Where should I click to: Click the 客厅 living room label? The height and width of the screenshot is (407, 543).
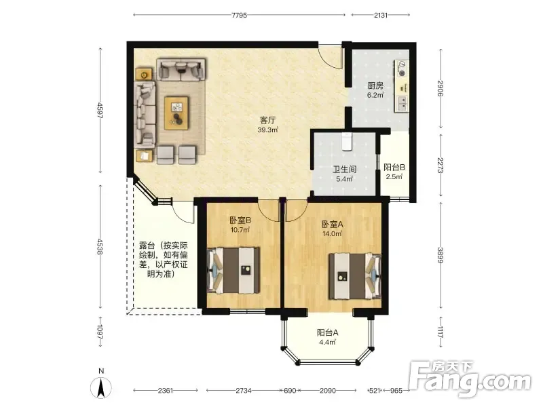pyautogui.click(x=267, y=120)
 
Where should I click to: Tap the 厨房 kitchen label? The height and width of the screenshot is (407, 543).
pyautogui.click(x=375, y=85)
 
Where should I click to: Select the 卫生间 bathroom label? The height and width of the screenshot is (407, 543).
pyautogui.click(x=345, y=169)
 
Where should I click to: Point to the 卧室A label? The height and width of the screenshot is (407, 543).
pyautogui.click(x=332, y=225)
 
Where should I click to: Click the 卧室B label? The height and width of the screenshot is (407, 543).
pyautogui.click(x=240, y=220)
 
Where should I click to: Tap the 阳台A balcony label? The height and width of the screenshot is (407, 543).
pyautogui.click(x=327, y=332)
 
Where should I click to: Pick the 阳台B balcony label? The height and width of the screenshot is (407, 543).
pyautogui.click(x=394, y=167)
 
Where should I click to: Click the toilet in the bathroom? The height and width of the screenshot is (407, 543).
pyautogui.click(x=347, y=142)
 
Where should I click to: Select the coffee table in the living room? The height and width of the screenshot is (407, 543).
pyautogui.click(x=176, y=113)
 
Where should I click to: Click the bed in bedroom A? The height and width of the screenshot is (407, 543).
pyautogui.click(x=355, y=276)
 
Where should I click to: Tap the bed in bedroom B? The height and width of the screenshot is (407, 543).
pyautogui.click(x=233, y=270)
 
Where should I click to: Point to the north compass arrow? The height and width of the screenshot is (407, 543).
pyautogui.click(x=101, y=387)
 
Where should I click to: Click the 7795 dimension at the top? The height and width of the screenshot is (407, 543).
pyautogui.click(x=240, y=15)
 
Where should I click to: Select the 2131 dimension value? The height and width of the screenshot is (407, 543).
pyautogui.click(x=381, y=15)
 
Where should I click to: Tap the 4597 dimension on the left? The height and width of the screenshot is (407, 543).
pyautogui.click(x=100, y=111)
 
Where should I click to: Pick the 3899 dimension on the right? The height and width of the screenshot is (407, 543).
pyautogui.click(x=441, y=255)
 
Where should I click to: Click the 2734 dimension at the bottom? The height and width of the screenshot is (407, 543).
pyautogui.click(x=244, y=391)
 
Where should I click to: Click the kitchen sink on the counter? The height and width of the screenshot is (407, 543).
pyautogui.click(x=402, y=103)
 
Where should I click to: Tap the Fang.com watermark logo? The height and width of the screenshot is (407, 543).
pyautogui.click(x=470, y=379)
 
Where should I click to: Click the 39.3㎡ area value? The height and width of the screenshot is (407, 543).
pyautogui.click(x=267, y=130)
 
